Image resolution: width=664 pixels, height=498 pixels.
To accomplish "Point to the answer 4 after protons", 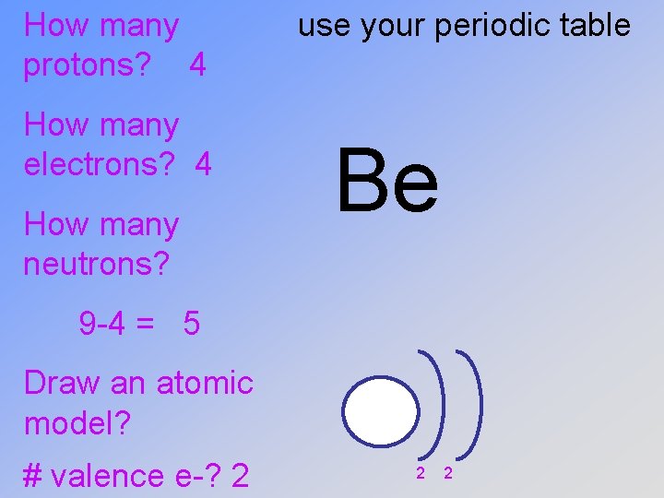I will coord(196,65).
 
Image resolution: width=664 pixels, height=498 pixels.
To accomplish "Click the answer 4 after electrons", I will coord(204,165).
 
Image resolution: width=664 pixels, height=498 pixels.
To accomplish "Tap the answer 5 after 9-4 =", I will coord(192,324).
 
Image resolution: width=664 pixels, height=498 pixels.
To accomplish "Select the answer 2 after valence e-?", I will coord(240,476).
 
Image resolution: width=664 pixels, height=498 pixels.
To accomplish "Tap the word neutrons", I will coord(97,265).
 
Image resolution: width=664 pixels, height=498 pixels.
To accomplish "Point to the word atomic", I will coord(205,382).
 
